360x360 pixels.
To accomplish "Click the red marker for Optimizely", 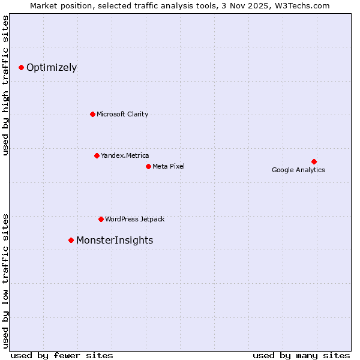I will coord(21,67).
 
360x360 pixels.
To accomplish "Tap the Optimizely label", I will coord(52,67).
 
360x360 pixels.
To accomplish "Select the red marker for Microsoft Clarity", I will coord(92,114).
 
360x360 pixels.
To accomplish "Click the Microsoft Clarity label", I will coord(122,114).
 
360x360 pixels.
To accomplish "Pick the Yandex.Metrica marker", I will coord(97,155).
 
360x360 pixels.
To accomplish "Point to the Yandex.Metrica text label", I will coord(125,155).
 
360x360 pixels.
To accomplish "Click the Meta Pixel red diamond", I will coord(148,166).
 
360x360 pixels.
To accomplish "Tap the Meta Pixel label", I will coord(169,166).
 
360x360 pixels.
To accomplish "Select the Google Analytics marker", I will coord(314,161).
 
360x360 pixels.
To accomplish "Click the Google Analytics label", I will coord(298,170).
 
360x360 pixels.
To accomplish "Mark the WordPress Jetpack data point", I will coord(101,219).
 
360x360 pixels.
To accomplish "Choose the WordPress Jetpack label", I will coord(134,219).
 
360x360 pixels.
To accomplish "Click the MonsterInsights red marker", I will coord(71,240).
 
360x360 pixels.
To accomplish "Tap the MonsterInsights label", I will coord(115,240).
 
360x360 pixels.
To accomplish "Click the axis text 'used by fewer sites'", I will coord(62,355).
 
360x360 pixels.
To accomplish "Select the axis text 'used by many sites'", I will coord(301,355).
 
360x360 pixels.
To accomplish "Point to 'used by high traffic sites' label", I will coord(6,85).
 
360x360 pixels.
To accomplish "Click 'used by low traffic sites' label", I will coord(6,280).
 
